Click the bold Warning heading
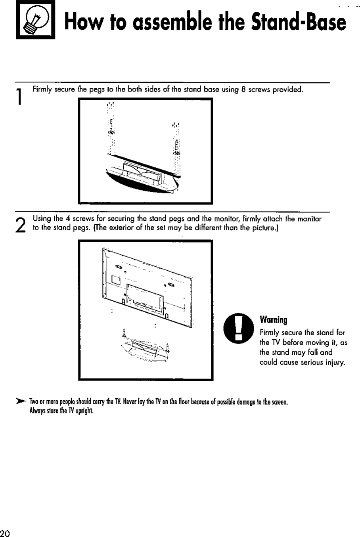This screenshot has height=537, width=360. coord(273,320)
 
